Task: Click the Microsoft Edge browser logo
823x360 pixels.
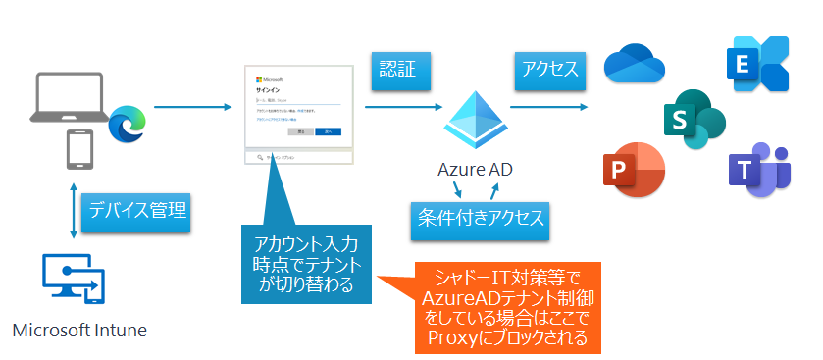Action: pos(127,124)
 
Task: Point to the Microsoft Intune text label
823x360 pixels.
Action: pos(79,330)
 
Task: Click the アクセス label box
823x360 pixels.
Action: pos(548,71)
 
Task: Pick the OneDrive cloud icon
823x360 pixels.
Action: pos(636,66)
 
